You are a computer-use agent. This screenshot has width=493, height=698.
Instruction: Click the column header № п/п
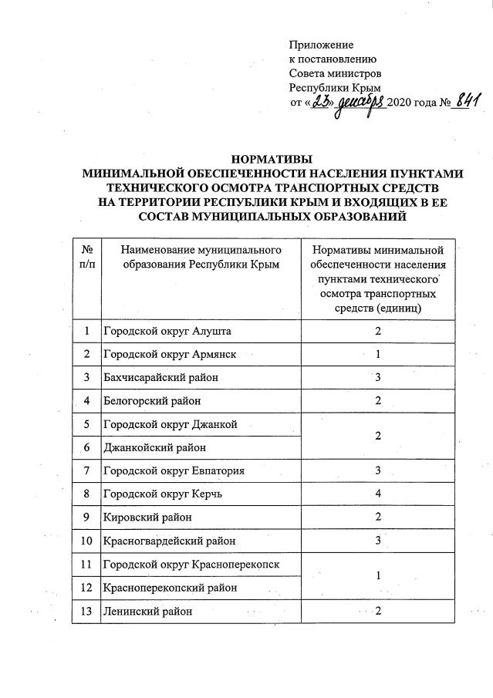click(86, 257)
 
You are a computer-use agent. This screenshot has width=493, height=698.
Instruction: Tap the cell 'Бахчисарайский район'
click(160, 377)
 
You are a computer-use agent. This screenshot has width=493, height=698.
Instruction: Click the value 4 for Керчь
click(378, 494)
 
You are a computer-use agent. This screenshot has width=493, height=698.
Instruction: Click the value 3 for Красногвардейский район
click(378, 541)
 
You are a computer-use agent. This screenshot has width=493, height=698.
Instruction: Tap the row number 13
click(86, 612)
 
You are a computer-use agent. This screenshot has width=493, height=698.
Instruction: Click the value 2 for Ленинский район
click(378, 612)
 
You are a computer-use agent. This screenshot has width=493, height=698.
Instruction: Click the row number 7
click(86, 470)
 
